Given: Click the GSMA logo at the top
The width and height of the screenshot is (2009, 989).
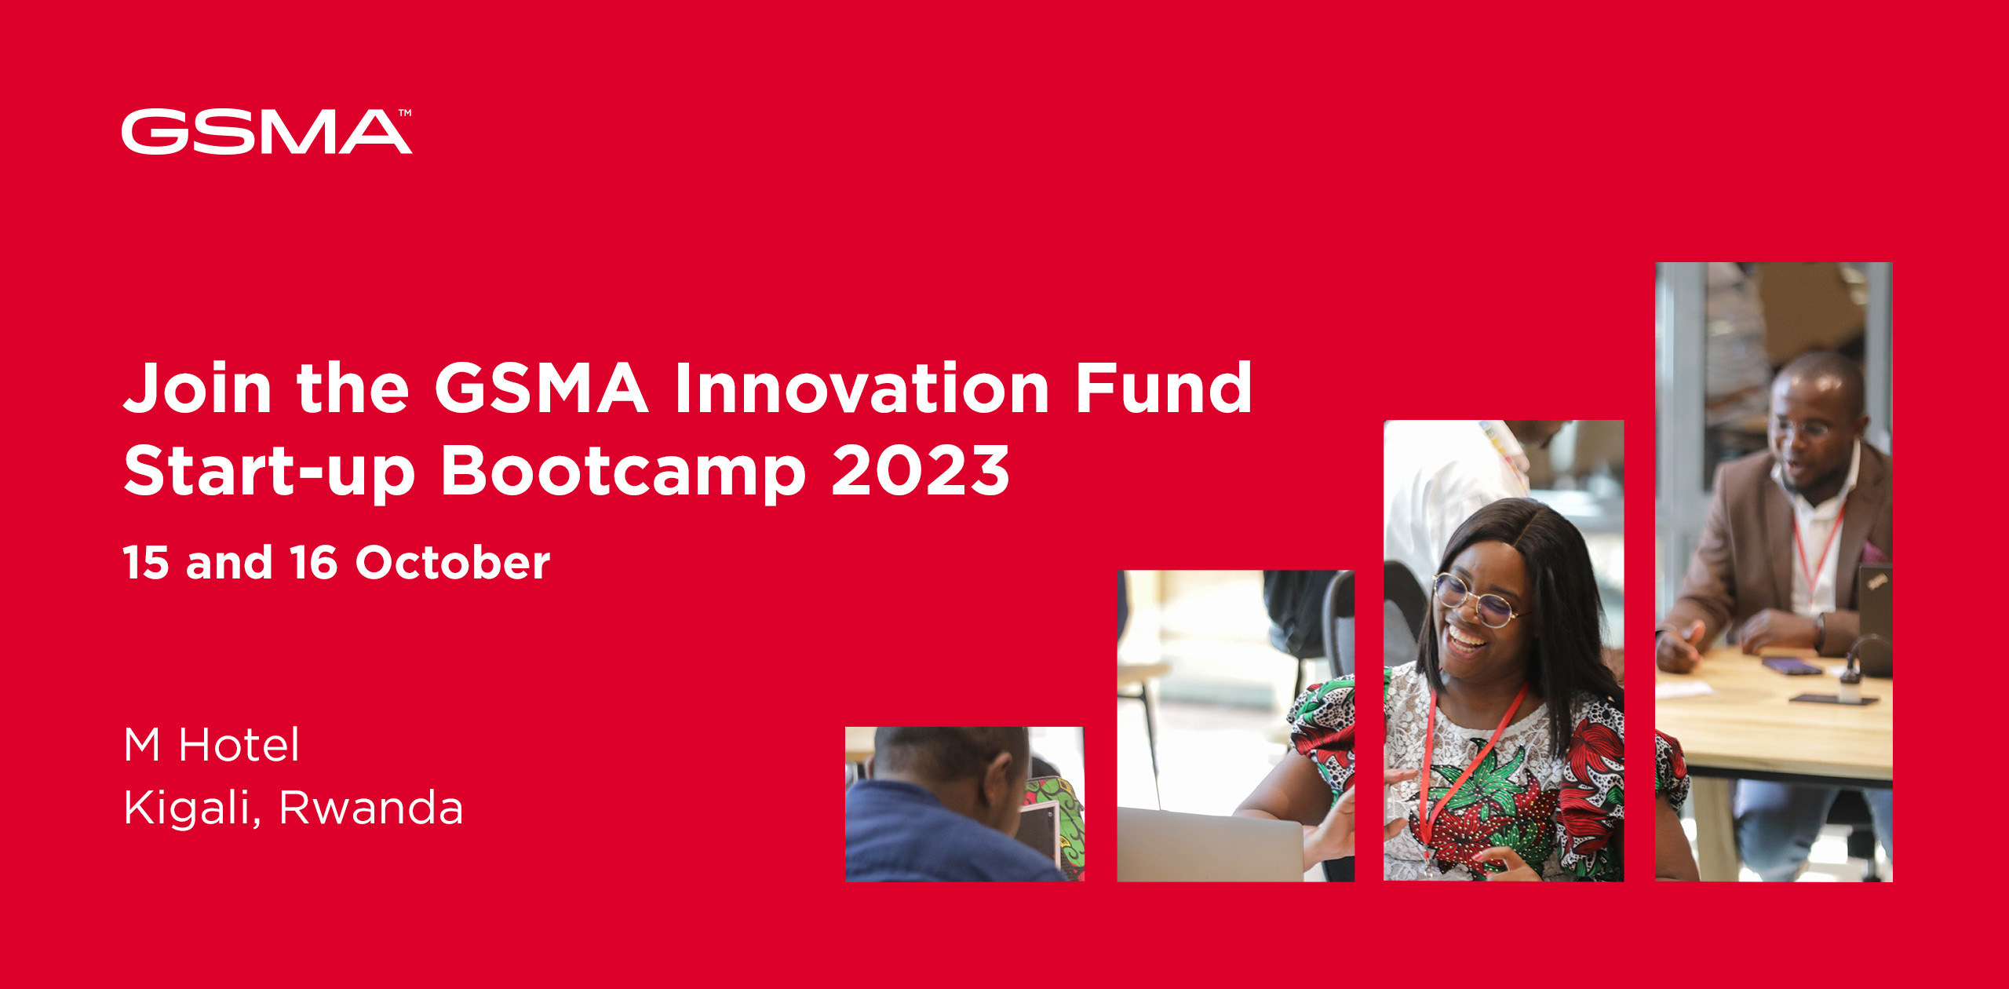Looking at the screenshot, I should [265, 131].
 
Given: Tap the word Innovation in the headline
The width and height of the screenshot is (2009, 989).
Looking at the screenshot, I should [862, 388].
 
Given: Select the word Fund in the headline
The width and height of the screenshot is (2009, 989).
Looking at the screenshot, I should [1164, 388].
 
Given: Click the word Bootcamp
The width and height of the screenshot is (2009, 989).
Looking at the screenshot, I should [622, 471].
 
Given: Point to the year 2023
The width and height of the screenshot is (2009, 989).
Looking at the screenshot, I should [920, 471].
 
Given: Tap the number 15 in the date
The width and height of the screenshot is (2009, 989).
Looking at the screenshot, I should [146, 563].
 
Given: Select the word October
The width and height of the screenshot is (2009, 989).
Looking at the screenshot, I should [453, 563].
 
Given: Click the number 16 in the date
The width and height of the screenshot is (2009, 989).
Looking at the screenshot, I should [313, 563].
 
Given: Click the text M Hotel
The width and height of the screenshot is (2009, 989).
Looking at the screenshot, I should [211, 744].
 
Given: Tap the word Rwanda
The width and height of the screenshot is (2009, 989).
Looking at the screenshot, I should [371, 808].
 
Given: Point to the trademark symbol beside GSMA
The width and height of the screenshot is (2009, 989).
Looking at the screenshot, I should [405, 113].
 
